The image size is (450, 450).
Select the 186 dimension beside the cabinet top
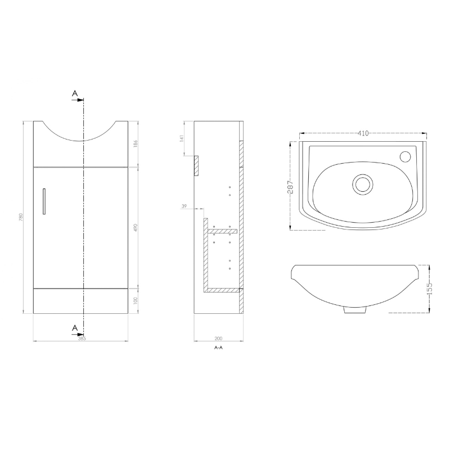pos(136,144)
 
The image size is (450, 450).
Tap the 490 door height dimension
pos(136,228)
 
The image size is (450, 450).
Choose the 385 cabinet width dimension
pos(82,338)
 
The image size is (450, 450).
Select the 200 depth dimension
pos(218,338)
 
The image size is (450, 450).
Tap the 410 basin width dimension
pos(363,134)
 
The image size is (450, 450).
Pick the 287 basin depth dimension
pos(290,186)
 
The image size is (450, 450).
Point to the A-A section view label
pos(218,348)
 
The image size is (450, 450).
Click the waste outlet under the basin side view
pos(353,309)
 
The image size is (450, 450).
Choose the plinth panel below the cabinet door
pos(82,301)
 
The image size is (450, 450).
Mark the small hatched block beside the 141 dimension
pos(196,165)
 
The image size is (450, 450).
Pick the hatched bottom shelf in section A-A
pos(223,290)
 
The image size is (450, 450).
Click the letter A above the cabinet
pos(74,93)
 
